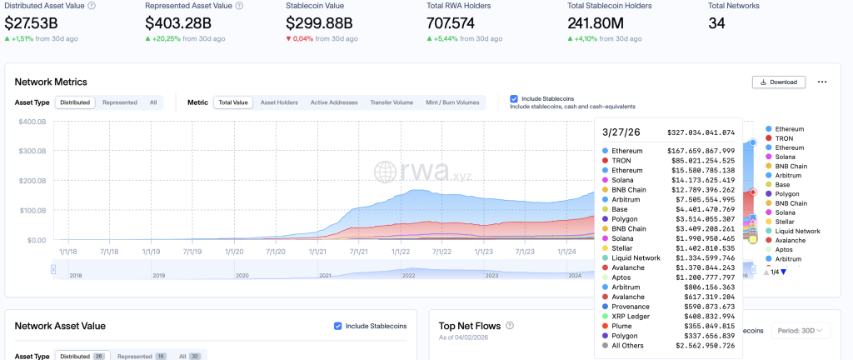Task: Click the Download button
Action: point(779,82)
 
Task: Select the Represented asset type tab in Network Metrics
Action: point(120,102)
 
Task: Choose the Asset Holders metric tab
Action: point(279,102)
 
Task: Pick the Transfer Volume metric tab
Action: point(392,102)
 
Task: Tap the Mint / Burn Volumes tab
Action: point(452,102)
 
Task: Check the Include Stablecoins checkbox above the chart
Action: point(513,98)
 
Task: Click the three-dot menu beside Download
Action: point(822,82)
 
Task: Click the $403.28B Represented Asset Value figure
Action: point(178,23)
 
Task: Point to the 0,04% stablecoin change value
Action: point(302,38)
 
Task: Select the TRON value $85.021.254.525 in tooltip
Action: point(701,161)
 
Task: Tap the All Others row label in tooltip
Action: point(627,345)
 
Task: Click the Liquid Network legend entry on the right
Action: point(797,231)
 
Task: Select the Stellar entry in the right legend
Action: point(785,222)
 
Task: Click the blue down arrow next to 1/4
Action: point(783,272)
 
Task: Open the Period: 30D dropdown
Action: point(801,330)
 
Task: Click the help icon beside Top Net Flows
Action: point(510,326)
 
